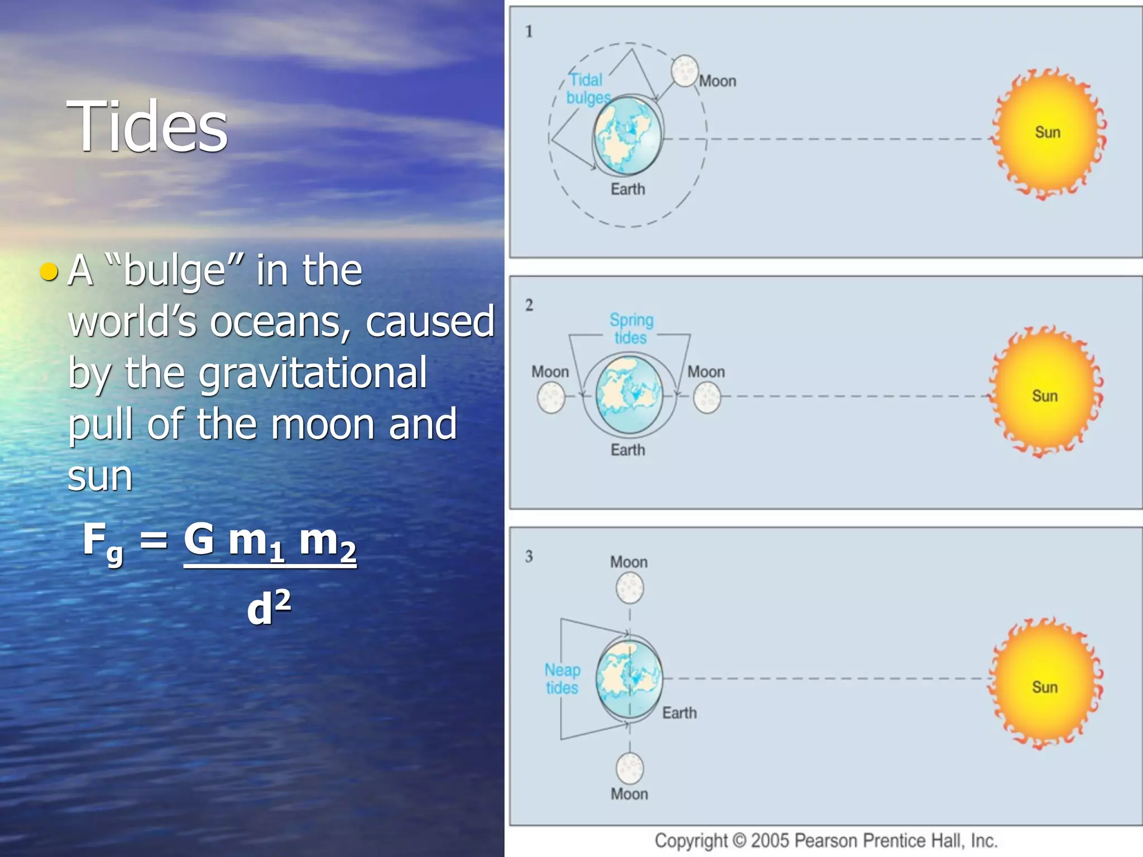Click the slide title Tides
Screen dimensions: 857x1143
coord(147,126)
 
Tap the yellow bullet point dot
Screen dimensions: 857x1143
coord(50,271)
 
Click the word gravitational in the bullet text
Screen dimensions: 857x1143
coord(312,373)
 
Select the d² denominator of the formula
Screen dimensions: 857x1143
coord(268,607)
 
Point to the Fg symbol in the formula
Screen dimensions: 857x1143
coord(103,542)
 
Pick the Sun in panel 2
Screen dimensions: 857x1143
coord(1045,393)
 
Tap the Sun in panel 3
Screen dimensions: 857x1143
coord(1045,685)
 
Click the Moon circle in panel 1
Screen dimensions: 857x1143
coord(684,71)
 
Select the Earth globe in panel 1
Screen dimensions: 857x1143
coord(627,136)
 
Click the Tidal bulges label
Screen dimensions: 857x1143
coord(587,89)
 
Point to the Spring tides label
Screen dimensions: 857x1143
coord(631,329)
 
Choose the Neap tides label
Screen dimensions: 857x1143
coord(562,678)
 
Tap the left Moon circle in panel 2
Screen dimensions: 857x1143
coord(551,398)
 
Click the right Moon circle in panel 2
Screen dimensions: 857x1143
coord(707,398)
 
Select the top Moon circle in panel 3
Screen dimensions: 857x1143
coord(630,589)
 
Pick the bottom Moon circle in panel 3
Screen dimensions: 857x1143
coord(630,768)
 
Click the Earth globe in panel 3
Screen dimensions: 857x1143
coord(629,679)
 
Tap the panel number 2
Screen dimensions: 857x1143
coord(529,305)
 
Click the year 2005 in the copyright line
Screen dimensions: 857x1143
coord(770,840)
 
